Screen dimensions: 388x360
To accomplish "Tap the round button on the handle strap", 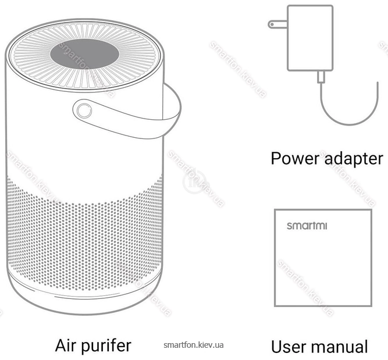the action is coord(84,111).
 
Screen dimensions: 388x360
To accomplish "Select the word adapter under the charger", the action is coord(354,159).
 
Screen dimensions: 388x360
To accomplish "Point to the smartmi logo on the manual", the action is coord(307,226).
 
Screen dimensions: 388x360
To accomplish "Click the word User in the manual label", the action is coord(289,347).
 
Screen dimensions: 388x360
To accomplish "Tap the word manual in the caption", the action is coord(339,347).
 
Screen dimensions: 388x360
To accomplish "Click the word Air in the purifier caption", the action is coord(66,345).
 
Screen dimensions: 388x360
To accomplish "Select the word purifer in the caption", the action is coord(106,346).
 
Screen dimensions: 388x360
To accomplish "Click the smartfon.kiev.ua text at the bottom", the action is coord(194,345).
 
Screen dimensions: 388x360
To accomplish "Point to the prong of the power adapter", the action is coord(277,24).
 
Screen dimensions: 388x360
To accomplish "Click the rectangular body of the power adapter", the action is coord(310,38).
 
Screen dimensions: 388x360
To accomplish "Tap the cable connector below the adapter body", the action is coord(322,77).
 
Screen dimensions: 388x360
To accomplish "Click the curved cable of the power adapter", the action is coord(350,124).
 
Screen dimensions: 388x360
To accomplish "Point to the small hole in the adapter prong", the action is coord(272,24).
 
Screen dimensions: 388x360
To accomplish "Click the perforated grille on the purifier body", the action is coord(84,237).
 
